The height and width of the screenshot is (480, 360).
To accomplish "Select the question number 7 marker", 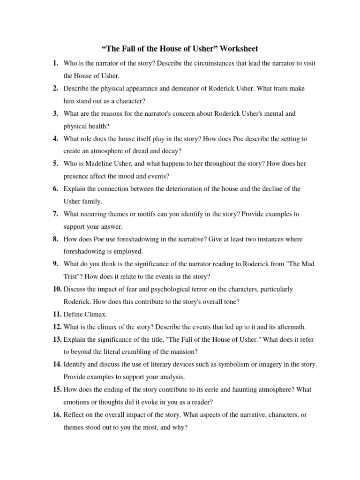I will (55, 214).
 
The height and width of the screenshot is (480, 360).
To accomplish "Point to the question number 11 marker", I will (57, 314).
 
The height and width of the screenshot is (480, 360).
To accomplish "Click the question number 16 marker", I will (57, 415).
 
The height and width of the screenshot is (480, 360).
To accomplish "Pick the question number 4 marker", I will (55, 138).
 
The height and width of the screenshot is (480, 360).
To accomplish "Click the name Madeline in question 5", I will (99, 164).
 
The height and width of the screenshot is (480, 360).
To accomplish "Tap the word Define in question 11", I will (73, 314).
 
